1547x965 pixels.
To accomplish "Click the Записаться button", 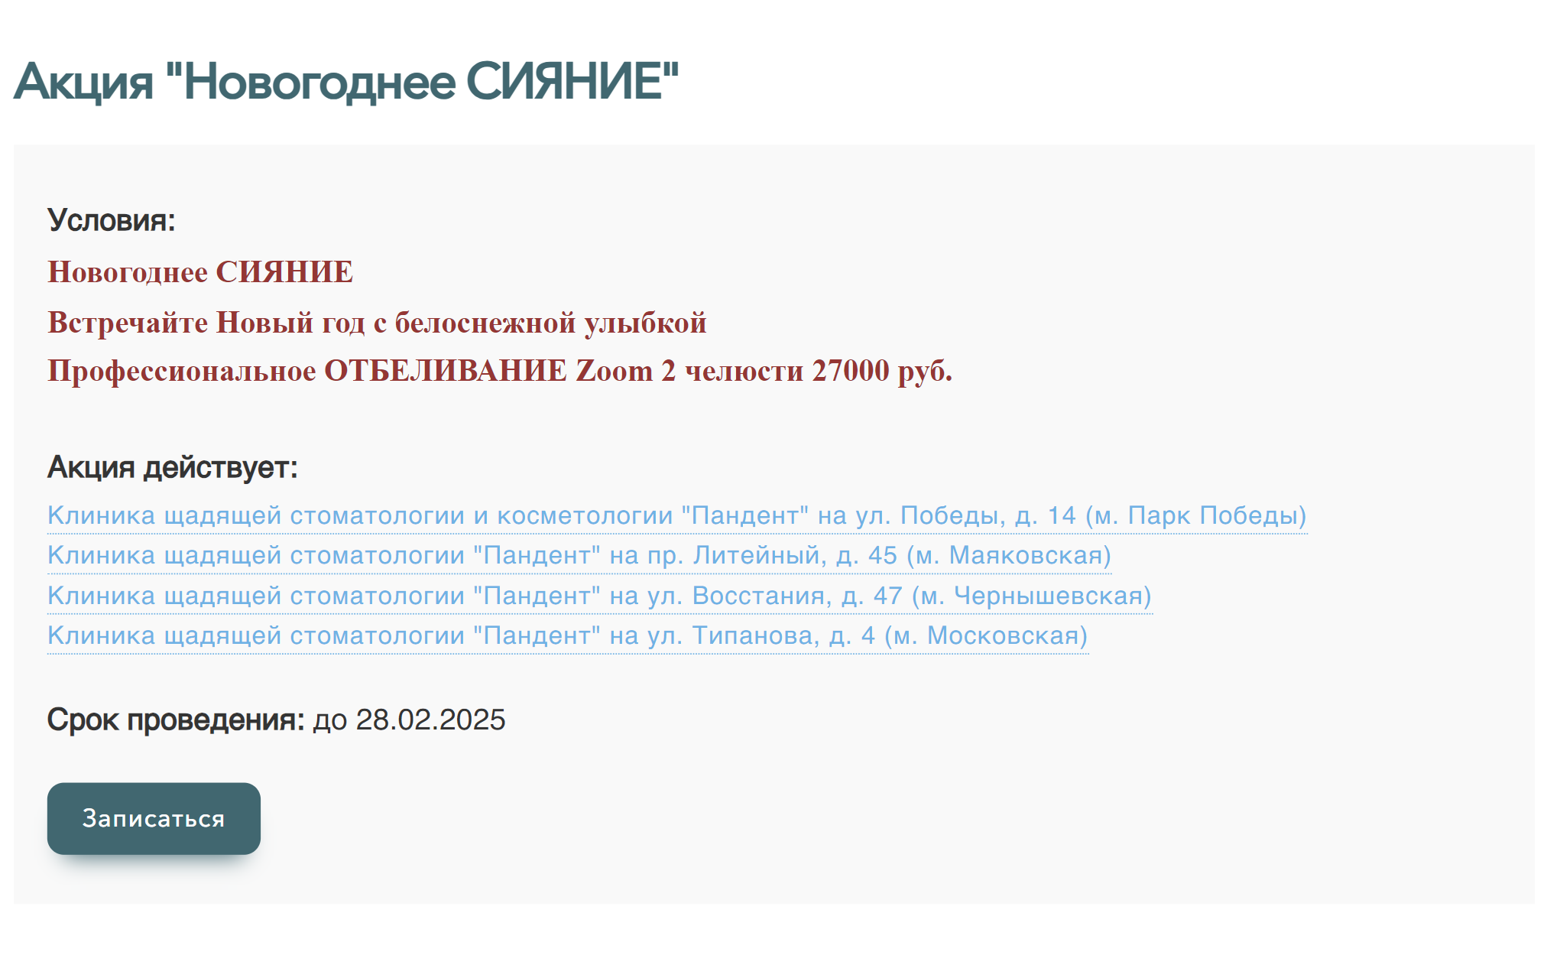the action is pos(154,818).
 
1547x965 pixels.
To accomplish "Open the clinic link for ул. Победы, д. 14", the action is pos(677,516).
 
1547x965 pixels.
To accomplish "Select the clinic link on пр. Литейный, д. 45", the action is pos(579,556).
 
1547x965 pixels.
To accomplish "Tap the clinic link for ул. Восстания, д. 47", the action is pos(600,596).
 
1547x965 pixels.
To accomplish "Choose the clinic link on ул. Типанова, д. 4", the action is pos(568,636).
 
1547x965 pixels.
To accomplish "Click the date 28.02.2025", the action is pos(430,720).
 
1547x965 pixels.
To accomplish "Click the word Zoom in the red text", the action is pos(614,371).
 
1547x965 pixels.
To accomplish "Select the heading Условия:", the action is pos(112,220).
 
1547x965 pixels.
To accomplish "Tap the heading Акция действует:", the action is pos(173,467).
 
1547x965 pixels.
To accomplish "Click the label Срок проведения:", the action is pos(176,720).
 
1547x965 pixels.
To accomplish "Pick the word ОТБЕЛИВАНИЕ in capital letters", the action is pos(446,371).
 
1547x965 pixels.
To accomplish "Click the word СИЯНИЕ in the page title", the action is pos(572,81).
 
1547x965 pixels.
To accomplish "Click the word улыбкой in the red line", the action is pos(646,323).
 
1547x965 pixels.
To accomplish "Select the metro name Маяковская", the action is pos(1025,556).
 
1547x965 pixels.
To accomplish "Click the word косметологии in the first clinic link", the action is pos(585,516).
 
